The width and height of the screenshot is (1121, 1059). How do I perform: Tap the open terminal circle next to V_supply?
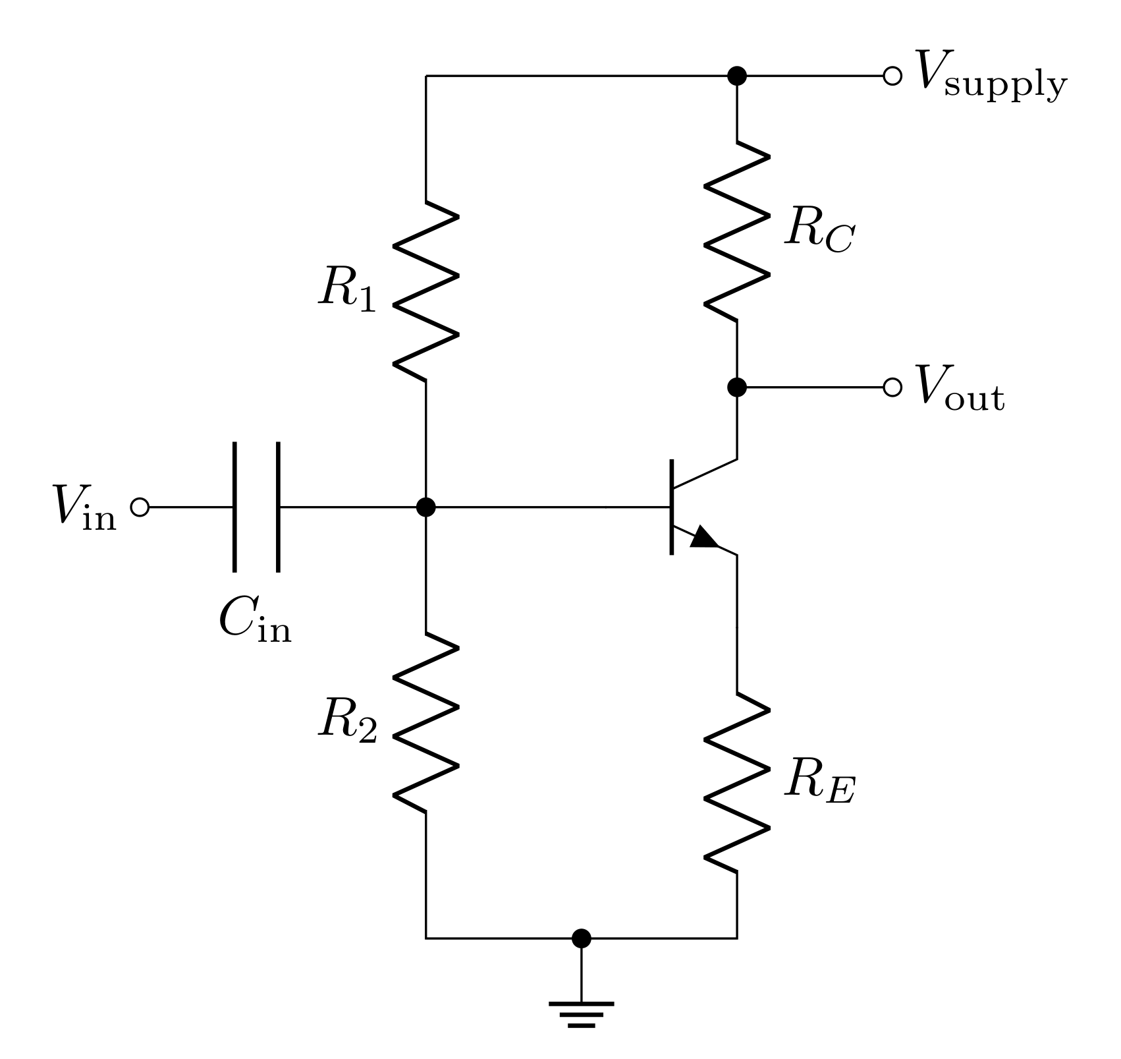pyautogui.click(x=892, y=76)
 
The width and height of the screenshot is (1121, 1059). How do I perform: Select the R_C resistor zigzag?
pyautogui.click(x=736, y=231)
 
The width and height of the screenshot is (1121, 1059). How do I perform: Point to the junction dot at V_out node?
pyautogui.click(x=736, y=387)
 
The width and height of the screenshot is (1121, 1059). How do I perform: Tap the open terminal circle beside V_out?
pyautogui.click(x=892, y=387)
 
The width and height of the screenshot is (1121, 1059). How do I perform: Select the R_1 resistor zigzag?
pyautogui.click(x=425, y=290)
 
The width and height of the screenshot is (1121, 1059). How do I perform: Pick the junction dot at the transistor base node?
pyautogui.click(x=426, y=507)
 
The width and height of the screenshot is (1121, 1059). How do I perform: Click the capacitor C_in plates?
pyautogui.click(x=256, y=507)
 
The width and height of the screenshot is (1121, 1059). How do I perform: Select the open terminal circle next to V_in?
pyautogui.click(x=140, y=507)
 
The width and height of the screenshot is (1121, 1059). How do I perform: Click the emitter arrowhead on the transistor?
pyautogui.click(x=705, y=537)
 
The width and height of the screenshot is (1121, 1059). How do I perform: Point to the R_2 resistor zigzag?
pyautogui.click(x=425, y=722)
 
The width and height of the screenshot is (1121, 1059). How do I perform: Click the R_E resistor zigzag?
pyautogui.click(x=736, y=782)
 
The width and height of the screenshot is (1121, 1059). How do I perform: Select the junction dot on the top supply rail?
pyautogui.click(x=736, y=76)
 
